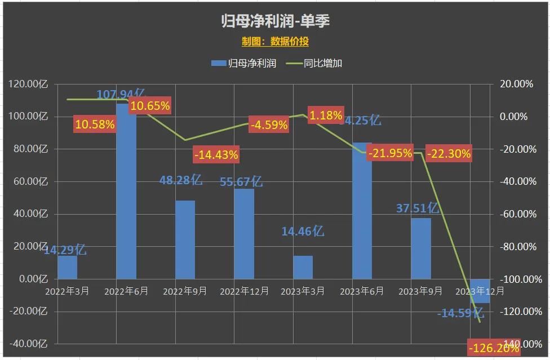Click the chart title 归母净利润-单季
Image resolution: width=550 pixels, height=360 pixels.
click(x=275, y=21)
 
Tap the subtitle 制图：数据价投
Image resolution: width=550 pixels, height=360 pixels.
click(x=275, y=42)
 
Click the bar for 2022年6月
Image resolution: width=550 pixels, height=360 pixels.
click(x=126, y=197)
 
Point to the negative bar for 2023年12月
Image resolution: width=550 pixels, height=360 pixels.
click(x=480, y=291)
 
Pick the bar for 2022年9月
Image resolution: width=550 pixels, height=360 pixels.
click(x=185, y=239)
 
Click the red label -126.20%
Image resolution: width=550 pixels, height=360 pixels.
click(x=493, y=348)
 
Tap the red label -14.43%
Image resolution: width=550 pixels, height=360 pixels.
click(x=216, y=154)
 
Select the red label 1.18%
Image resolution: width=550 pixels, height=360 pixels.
click(x=325, y=116)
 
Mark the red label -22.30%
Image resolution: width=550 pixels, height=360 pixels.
click(x=449, y=153)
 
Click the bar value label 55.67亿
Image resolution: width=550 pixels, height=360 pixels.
click(x=241, y=181)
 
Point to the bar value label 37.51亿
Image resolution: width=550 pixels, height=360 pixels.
click(x=417, y=208)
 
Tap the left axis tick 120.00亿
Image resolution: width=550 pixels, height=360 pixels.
click(x=28, y=84)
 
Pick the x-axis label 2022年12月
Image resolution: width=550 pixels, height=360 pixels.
click(x=243, y=291)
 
